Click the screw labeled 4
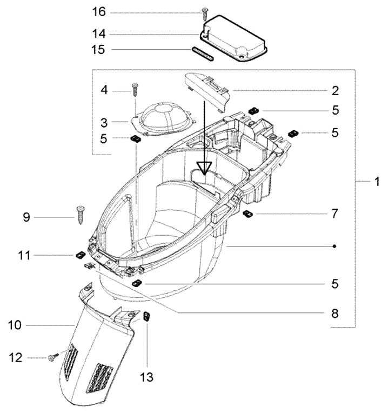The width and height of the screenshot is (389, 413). click(x=134, y=88)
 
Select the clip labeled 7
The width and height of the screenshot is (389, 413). click(x=249, y=214)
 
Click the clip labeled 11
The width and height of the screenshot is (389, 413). click(x=79, y=255)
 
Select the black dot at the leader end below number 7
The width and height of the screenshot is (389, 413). click(x=335, y=247)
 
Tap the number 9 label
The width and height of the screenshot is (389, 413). click(x=26, y=217)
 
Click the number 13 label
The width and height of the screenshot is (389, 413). click(x=147, y=377)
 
